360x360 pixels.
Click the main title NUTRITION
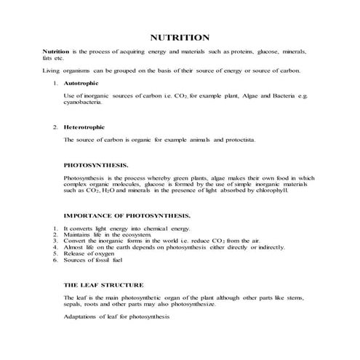(180, 37)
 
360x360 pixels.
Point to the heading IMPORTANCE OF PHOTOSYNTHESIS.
(127, 216)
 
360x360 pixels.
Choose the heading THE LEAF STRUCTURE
(103, 284)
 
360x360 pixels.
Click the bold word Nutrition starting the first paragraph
(56, 52)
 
